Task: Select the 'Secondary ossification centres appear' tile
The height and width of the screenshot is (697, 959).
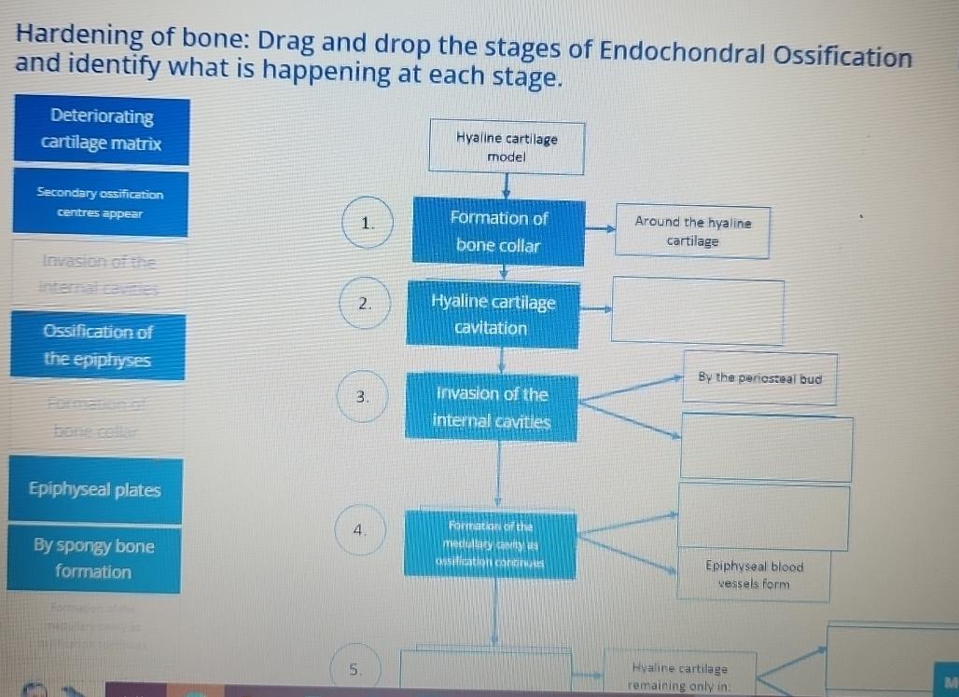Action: coord(100,203)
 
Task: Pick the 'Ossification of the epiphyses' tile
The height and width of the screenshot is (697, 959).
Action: coord(98,346)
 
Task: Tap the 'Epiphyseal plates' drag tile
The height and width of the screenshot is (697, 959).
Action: coord(94,490)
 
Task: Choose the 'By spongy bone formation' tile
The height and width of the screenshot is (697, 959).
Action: coord(93,558)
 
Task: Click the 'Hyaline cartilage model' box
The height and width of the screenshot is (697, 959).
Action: coord(507,148)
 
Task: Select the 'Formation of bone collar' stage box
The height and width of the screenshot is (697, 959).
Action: coord(499,232)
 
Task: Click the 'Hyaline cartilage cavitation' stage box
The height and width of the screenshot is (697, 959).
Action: coord(493,315)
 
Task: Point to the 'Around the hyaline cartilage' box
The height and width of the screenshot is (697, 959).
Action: coord(692,232)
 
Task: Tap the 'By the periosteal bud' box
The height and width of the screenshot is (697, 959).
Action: coord(759,378)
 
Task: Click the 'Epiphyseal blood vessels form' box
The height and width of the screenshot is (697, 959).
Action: coord(754,575)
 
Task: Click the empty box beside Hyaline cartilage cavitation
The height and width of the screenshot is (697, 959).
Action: coord(697,311)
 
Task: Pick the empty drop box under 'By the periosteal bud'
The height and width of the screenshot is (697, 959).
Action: coord(766,447)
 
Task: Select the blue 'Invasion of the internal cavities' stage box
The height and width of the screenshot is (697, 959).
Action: coord(492,408)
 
